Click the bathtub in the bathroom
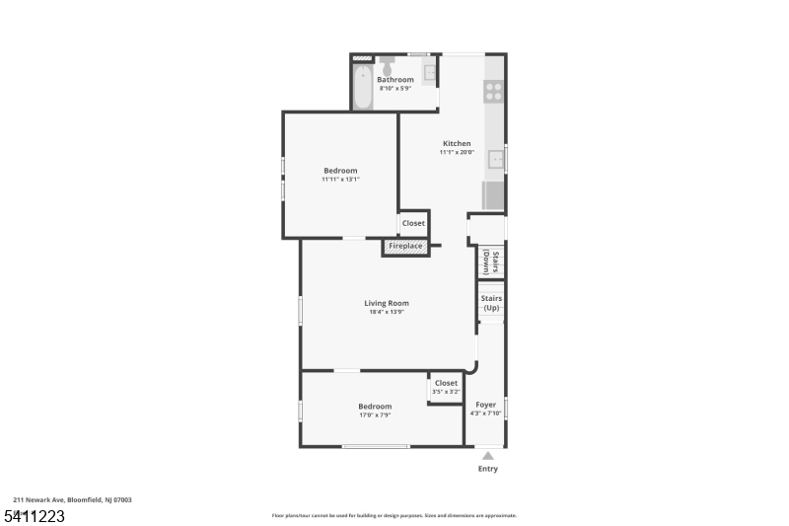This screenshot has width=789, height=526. tap(362, 87)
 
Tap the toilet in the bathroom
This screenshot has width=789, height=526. tap(387, 65)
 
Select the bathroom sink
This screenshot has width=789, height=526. tap(429, 73)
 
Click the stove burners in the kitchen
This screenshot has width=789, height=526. tap(494, 92)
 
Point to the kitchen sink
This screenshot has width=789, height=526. tap(496, 160)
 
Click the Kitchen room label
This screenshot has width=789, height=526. tap(457, 143)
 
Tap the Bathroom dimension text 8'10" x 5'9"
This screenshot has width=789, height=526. tap(395, 88)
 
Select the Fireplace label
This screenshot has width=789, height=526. tap(405, 246)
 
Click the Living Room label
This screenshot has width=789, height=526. tap(387, 303)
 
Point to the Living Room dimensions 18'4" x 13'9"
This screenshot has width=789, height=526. tap(387, 312)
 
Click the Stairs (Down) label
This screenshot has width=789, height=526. tap(490, 262)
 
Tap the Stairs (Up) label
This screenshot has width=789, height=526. tap(491, 303)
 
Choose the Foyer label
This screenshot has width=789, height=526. tap(485, 405)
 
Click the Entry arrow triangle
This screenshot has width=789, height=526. tap(487, 456)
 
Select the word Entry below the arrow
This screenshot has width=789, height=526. tap(487, 469)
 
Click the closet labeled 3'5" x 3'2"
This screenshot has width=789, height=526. tap(446, 388)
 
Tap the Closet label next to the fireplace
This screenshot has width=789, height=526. tap(413, 223)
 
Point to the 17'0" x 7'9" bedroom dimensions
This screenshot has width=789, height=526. tap(375, 415)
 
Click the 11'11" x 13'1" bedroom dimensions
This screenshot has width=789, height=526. tap(340, 180)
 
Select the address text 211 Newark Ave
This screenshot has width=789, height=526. tap(38, 499)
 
